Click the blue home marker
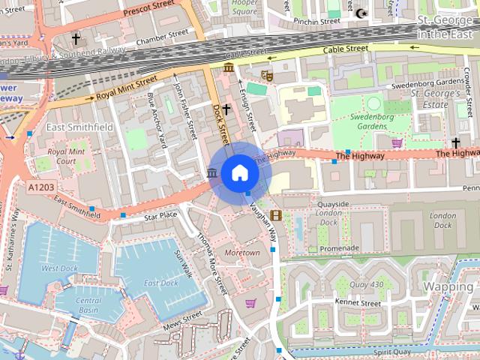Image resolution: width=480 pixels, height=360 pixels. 239,172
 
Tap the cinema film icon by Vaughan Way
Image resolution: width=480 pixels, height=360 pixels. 276,216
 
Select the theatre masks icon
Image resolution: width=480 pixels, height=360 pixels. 266,75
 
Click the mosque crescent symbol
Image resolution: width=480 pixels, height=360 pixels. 362,13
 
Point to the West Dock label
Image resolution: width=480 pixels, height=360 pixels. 59,268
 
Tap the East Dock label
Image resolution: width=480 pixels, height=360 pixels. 160,283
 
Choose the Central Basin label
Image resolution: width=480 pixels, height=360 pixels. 88,304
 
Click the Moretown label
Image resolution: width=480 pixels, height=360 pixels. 242,253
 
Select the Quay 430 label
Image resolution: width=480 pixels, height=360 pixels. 367,284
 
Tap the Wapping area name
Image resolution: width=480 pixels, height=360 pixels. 448,287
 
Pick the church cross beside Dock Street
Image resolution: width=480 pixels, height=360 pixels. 226,109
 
